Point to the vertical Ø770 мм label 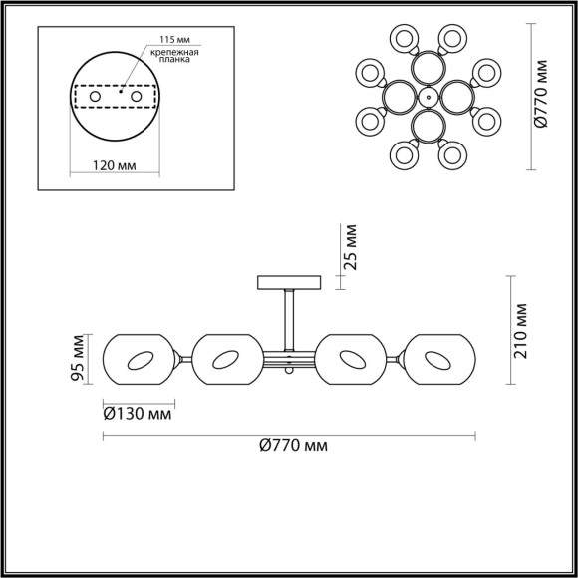tap(540, 92)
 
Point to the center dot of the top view tap(426, 97)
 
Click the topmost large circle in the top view tap(426, 66)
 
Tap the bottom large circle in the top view tap(426, 128)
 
